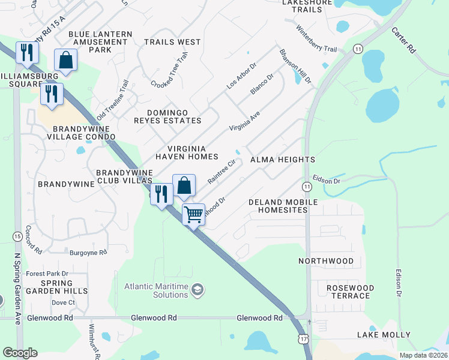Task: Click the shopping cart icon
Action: tap(193, 214)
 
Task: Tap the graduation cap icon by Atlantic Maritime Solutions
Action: tap(197, 291)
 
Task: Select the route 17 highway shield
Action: tap(305, 340)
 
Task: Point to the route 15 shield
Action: tap(16, 237)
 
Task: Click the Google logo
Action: tap(20, 353)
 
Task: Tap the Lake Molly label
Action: tap(384, 334)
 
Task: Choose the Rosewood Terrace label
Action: tap(350, 292)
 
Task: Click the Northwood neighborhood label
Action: tap(327, 261)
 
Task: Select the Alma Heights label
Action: tap(282, 160)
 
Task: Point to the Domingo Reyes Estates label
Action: tap(175, 117)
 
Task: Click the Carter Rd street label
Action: tap(403, 40)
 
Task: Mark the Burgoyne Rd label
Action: tap(88, 253)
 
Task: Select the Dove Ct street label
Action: tap(63, 302)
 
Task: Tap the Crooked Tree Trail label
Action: tap(170, 68)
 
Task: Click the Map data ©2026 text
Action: tap(423, 355)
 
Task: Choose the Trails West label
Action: tap(172, 42)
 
